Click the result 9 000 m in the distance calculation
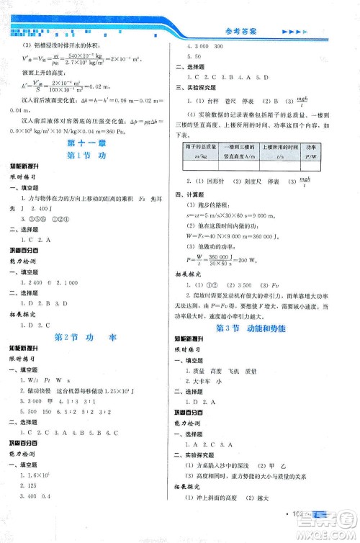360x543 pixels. click(x=272, y=213)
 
